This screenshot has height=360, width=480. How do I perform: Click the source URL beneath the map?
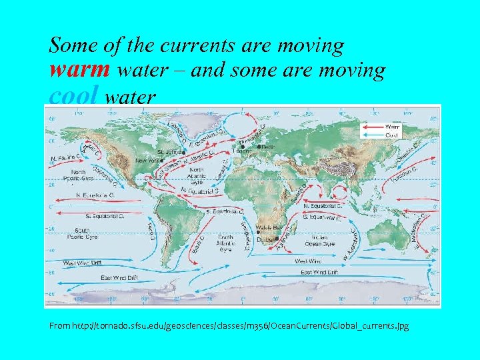[229, 326]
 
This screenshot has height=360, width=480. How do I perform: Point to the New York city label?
[149, 161]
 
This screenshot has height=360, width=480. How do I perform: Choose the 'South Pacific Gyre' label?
[82, 234]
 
